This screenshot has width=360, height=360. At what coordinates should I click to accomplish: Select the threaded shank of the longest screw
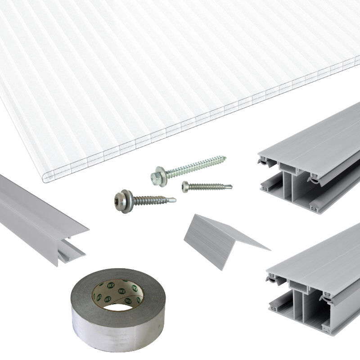pos(193,166)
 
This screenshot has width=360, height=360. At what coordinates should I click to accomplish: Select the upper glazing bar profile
pos(310,162)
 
